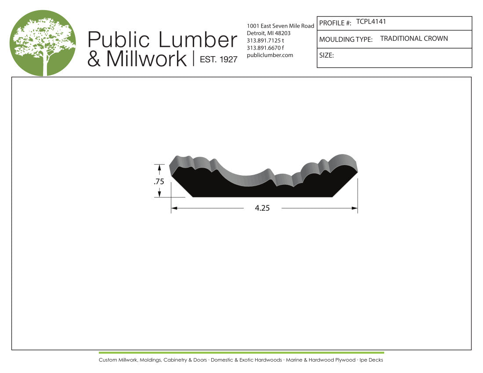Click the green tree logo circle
(43, 43)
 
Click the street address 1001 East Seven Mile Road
(281, 26)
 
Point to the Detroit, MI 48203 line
(268, 33)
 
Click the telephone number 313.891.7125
(265, 41)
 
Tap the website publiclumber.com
(270, 55)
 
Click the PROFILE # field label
(335, 23)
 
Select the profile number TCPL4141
(371, 22)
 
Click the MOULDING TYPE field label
(346, 39)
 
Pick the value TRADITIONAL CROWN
(414, 39)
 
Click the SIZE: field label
(327, 56)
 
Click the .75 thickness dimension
(159, 182)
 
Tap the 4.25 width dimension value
(262, 208)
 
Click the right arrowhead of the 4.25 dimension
(355, 208)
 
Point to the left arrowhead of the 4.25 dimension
(174, 208)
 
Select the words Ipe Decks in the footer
(371, 360)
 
